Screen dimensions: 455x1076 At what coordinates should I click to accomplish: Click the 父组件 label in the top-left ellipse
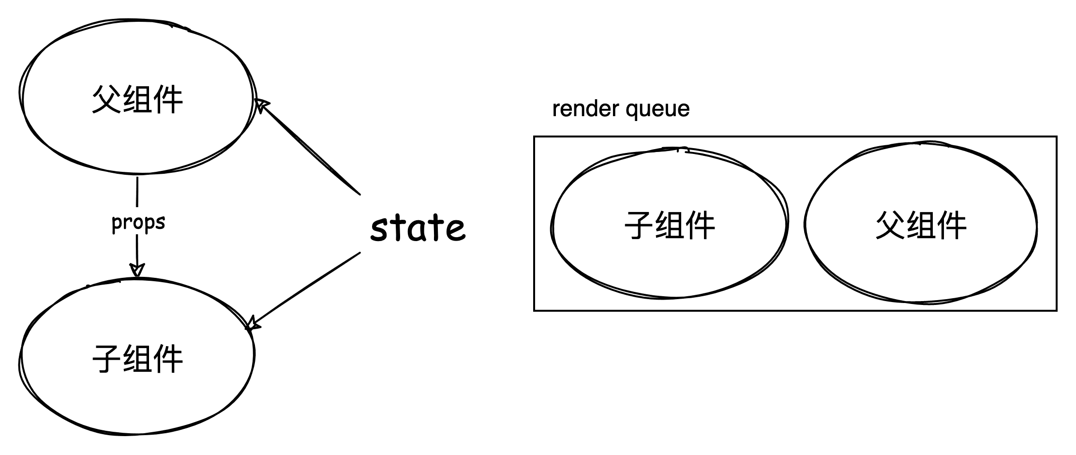[137, 100]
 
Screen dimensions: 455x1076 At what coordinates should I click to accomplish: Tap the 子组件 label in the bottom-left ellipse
[137, 359]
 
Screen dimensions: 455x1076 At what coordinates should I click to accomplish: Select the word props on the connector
[138, 223]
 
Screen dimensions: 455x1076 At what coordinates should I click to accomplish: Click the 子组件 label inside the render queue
[670, 226]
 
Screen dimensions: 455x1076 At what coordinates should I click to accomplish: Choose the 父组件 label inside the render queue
[921, 226]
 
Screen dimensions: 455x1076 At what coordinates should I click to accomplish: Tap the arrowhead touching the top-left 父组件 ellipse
[261, 105]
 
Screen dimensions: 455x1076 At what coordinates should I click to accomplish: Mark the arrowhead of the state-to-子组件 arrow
[252, 323]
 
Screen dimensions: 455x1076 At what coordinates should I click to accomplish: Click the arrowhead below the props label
[137, 269]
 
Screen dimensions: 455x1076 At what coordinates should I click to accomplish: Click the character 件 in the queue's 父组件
[951, 226]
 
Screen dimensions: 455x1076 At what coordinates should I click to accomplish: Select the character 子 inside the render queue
[639, 226]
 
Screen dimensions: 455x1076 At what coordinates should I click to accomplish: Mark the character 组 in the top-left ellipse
[138, 100]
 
